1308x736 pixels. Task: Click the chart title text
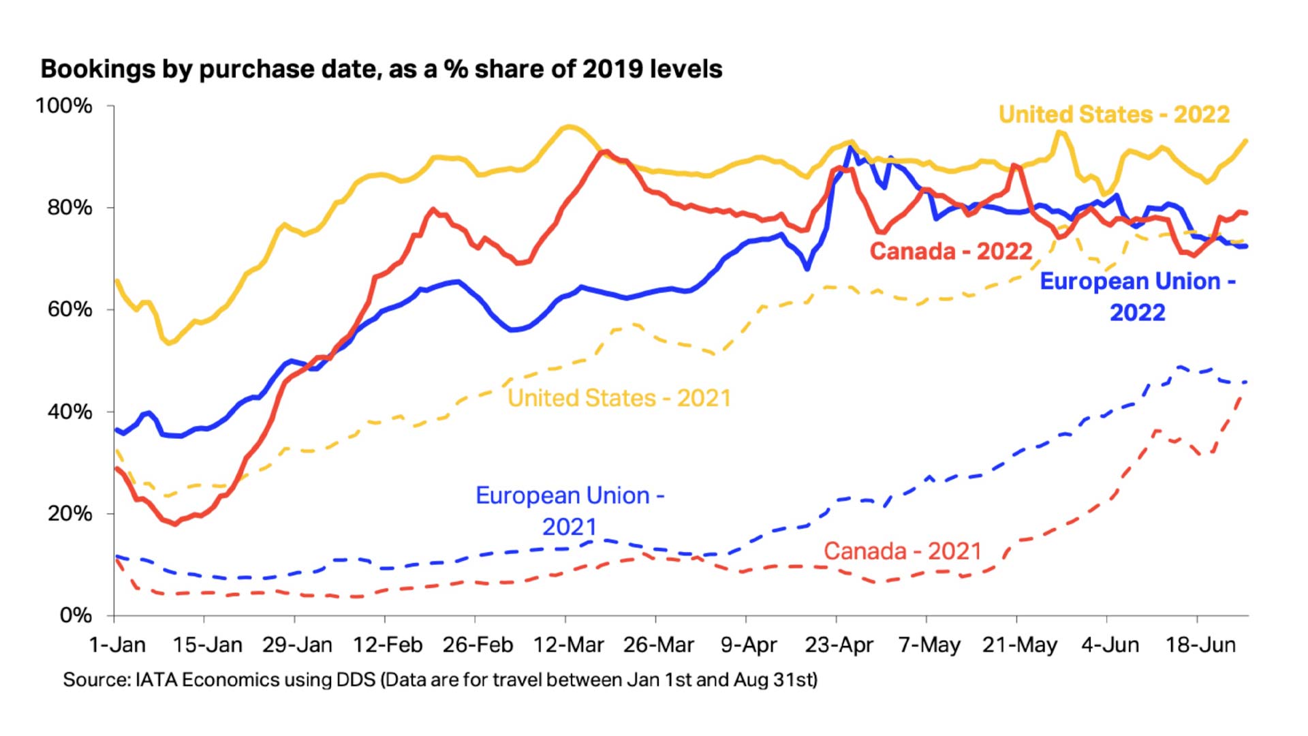click(381, 69)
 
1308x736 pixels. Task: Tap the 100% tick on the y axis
click(64, 106)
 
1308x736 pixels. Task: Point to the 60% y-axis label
click(69, 309)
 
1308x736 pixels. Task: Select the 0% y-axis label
click(76, 615)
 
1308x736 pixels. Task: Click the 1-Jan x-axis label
click(117, 645)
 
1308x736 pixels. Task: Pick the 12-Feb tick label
click(388, 645)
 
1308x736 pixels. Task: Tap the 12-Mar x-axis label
click(568, 645)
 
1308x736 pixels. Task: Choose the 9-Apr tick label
click(748, 645)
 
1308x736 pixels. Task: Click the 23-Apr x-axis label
click(839, 645)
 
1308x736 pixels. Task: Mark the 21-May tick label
click(1019, 645)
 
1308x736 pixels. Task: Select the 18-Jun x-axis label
click(1200, 645)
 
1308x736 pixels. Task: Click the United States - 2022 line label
click(1114, 114)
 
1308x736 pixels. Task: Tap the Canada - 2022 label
click(951, 251)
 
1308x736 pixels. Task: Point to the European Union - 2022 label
click(1138, 296)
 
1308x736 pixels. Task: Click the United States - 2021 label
click(619, 398)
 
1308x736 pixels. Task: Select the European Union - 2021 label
click(570, 510)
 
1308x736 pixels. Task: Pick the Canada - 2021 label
click(903, 551)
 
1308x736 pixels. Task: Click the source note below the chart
click(440, 679)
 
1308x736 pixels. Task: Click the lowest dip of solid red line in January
click(176, 524)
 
